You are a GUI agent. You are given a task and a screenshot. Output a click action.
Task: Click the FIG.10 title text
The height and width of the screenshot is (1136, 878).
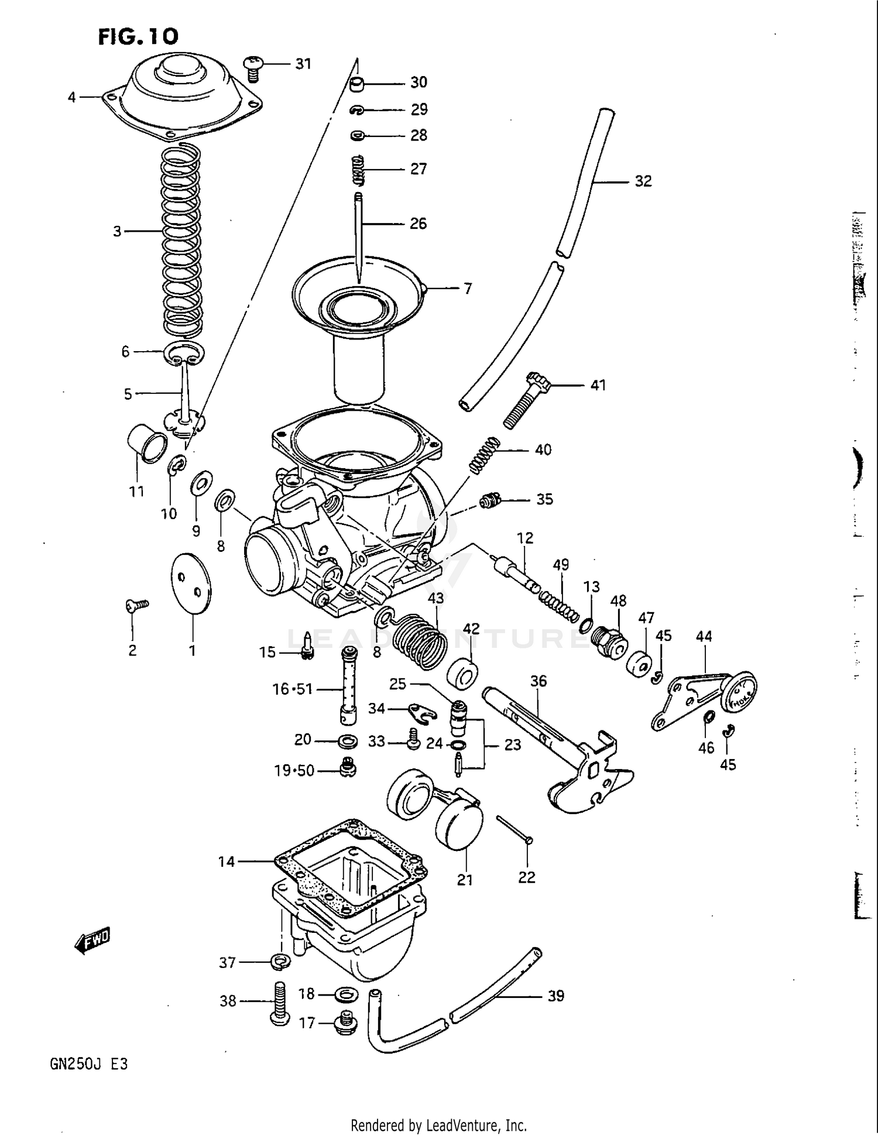click(138, 37)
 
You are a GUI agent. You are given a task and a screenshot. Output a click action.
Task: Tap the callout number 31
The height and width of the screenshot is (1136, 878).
click(303, 63)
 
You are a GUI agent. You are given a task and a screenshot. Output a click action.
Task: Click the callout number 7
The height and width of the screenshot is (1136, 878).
click(468, 289)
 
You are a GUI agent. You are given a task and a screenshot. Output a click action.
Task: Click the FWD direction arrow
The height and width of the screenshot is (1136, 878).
click(92, 941)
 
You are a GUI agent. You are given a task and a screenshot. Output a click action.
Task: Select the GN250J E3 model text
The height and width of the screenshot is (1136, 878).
click(89, 1064)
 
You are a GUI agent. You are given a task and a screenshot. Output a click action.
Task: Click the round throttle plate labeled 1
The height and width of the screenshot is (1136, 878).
click(191, 583)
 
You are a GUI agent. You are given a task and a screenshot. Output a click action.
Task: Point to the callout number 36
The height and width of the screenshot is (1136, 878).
click(539, 681)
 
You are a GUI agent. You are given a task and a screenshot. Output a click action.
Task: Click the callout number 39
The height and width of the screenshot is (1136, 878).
click(555, 996)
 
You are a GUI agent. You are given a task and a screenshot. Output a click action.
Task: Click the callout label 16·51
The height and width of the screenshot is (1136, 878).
click(293, 689)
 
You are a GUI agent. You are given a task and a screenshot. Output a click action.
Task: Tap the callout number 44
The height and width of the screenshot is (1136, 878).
click(704, 636)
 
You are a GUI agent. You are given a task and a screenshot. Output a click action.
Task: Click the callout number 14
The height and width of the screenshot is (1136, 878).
click(227, 862)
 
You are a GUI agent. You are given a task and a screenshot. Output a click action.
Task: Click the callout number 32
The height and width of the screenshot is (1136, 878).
click(643, 181)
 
